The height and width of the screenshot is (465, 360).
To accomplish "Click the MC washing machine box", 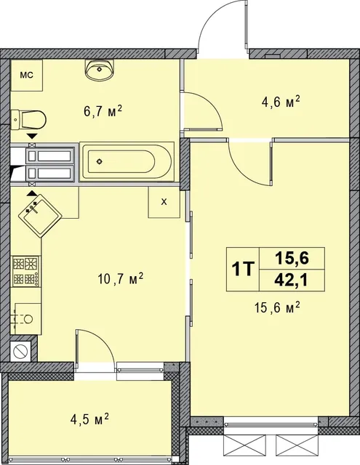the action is point(26,76).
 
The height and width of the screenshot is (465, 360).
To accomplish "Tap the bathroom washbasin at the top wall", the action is point(100,70).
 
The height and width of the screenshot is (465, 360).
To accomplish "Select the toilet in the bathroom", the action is point(28,120).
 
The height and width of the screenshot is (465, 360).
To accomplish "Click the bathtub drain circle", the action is point(99,161).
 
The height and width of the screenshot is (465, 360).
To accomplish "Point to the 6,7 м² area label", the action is point(103,111).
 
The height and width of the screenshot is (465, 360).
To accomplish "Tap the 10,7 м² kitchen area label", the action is point(121,279).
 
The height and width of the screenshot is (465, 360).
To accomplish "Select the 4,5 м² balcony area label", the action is point(89,420).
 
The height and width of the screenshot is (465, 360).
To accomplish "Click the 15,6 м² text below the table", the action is point(276,308).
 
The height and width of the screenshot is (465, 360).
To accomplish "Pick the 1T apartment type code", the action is point(243,269).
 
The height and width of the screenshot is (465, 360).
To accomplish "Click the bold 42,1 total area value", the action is point(292,280).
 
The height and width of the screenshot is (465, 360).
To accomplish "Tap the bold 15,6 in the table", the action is point(292,259).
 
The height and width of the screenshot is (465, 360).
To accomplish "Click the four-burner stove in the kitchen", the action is point(25,271).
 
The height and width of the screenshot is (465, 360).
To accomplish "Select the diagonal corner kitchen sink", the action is point(40,216).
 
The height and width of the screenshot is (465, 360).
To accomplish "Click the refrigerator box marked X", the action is point(164,202).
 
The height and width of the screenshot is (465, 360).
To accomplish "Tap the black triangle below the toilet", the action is point(32,136).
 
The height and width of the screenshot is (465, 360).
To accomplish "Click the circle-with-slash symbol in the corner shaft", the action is point(21,352).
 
